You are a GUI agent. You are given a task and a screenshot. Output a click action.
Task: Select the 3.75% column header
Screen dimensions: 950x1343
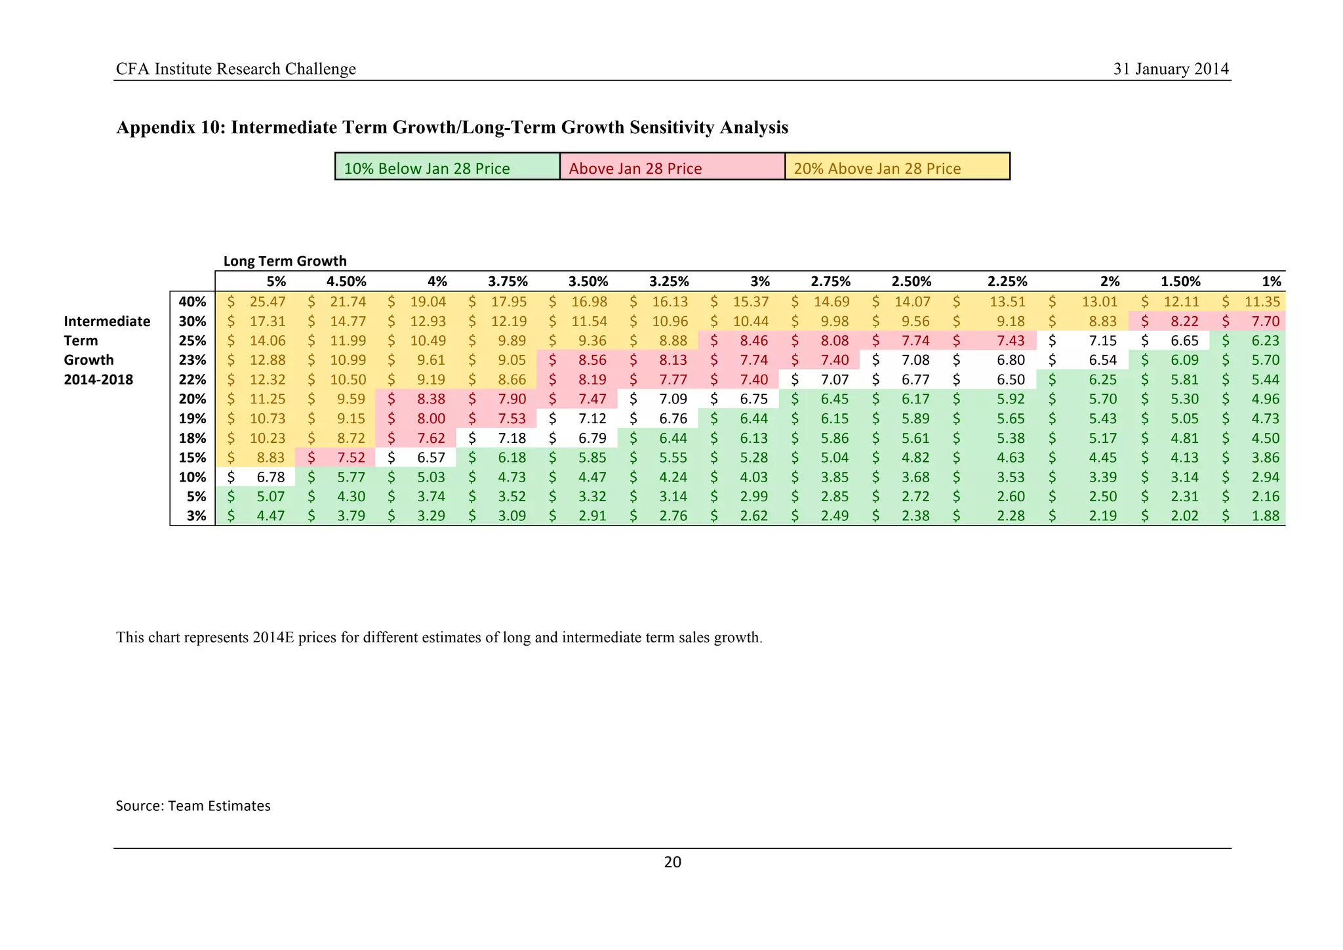(x=508, y=281)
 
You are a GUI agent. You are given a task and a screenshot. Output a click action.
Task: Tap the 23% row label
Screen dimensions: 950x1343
(x=192, y=360)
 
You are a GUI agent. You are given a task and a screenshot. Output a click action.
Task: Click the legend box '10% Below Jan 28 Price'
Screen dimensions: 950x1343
(x=447, y=167)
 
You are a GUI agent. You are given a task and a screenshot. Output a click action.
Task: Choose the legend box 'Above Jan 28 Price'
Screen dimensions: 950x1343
(x=672, y=167)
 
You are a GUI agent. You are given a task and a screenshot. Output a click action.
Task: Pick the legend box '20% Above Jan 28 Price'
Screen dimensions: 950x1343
(x=897, y=167)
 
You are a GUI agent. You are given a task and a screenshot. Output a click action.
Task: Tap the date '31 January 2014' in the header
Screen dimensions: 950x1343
(x=1171, y=69)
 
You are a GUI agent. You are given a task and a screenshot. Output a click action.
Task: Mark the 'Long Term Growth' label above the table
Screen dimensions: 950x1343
(x=285, y=261)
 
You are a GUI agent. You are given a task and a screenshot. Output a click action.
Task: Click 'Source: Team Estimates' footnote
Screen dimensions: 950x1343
(x=193, y=806)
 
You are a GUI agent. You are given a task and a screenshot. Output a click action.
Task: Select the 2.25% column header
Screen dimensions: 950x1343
(x=1007, y=281)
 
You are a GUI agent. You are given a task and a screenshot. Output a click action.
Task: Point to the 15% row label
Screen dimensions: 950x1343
(x=192, y=458)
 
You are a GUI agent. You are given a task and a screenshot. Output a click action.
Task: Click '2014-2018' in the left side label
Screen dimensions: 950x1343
(x=98, y=380)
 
